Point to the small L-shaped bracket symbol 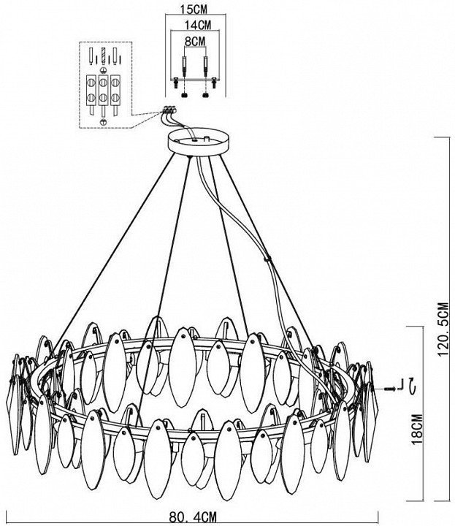(400, 387)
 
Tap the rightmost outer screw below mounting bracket (212, 92)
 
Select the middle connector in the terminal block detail (104, 88)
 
